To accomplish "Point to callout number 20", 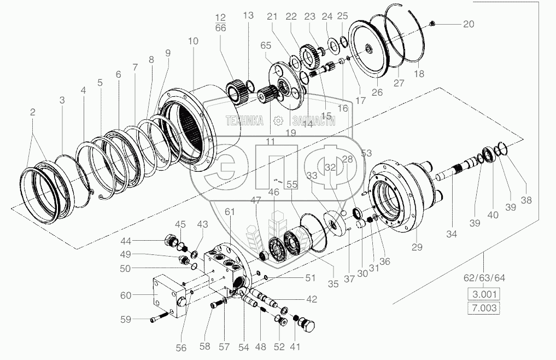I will (x=468, y=24).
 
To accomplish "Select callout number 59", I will (x=126, y=319).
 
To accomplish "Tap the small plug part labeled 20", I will (x=432, y=24).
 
